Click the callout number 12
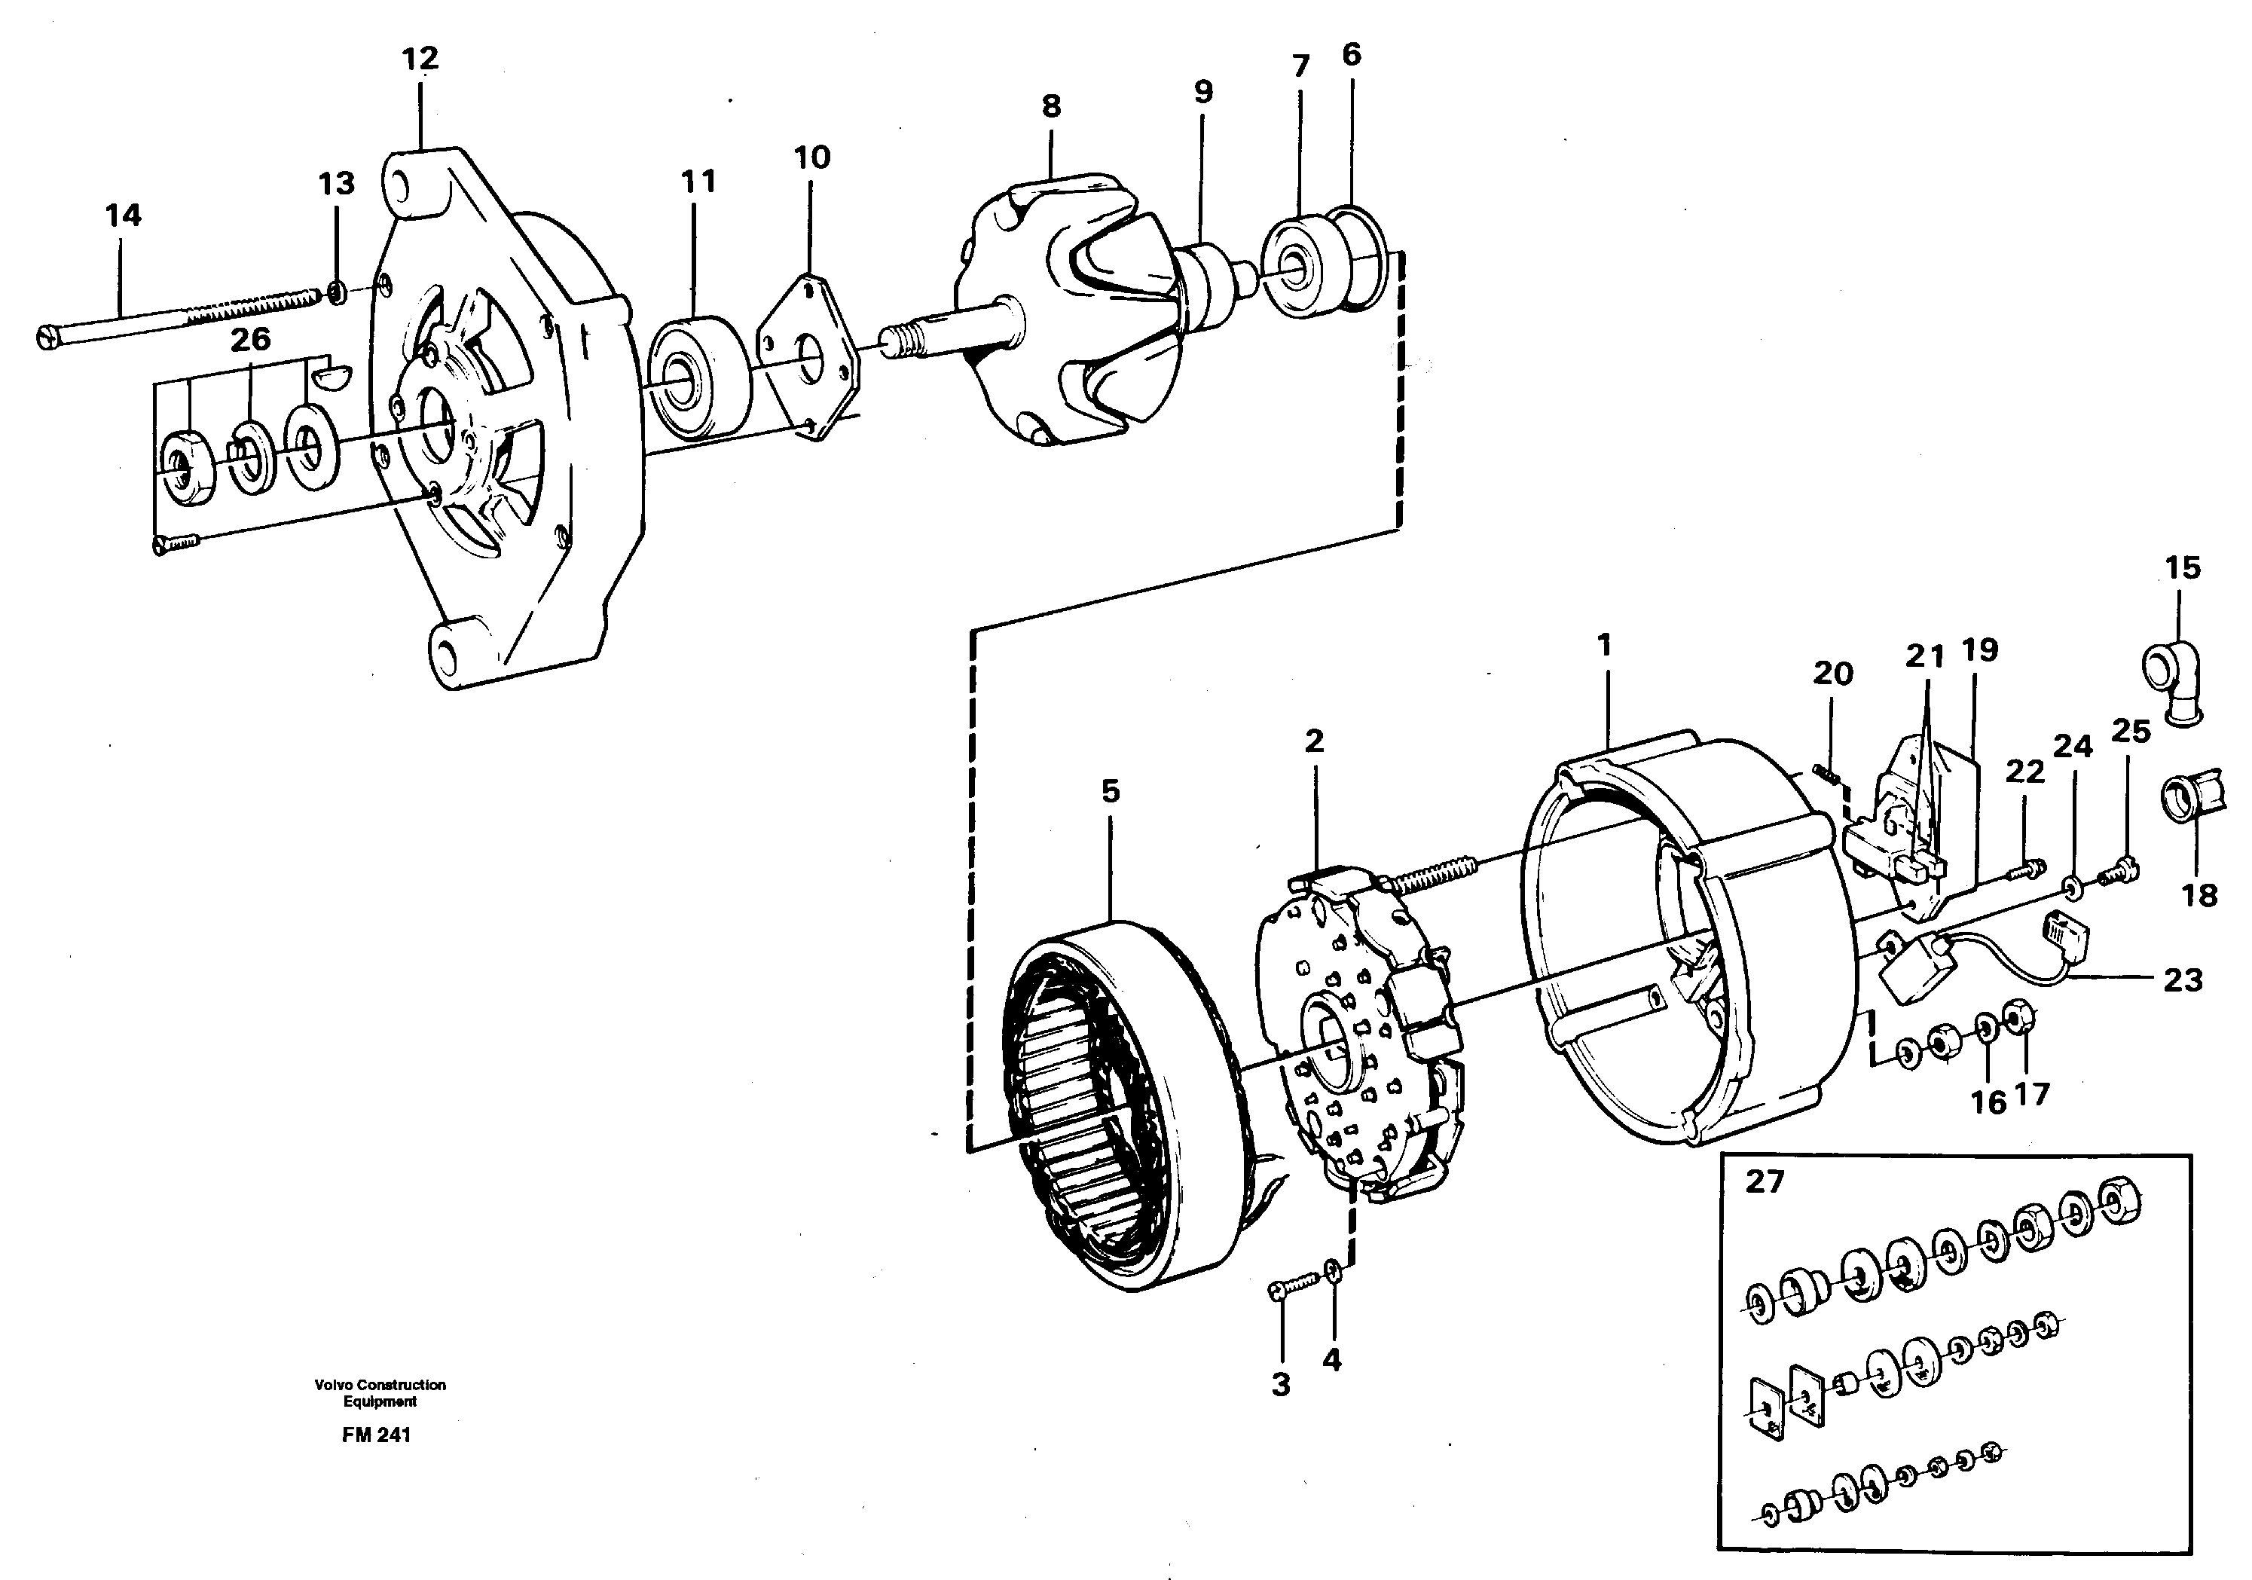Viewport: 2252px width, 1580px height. (x=420, y=60)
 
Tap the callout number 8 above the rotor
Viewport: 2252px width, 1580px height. (x=1052, y=106)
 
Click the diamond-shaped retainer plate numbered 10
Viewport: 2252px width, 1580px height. (x=810, y=358)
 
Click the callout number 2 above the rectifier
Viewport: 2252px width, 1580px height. (x=1313, y=741)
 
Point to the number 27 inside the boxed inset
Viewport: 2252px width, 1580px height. (x=1764, y=1182)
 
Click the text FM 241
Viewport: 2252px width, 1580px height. (x=377, y=1435)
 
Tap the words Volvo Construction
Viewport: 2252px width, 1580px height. (x=380, y=1385)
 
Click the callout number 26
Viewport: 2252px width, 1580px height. (x=250, y=339)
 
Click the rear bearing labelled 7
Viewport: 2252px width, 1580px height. (x=1297, y=266)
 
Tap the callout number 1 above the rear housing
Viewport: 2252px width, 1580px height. (x=1603, y=646)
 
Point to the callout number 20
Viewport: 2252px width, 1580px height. (x=1832, y=674)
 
